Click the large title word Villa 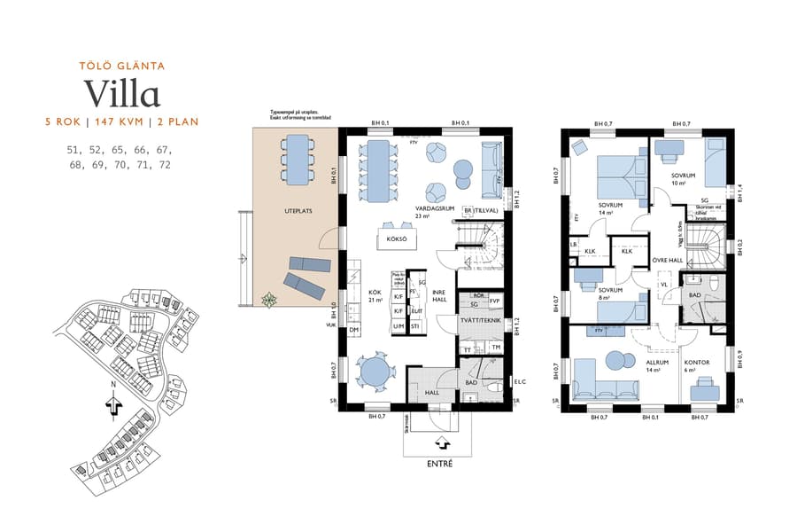121,94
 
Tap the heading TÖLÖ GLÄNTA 121,66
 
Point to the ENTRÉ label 440,464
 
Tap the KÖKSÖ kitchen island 398,239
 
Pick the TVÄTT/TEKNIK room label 481,320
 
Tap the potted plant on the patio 267,300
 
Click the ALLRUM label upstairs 656,363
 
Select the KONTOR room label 699,363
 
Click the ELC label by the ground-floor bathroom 520,382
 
